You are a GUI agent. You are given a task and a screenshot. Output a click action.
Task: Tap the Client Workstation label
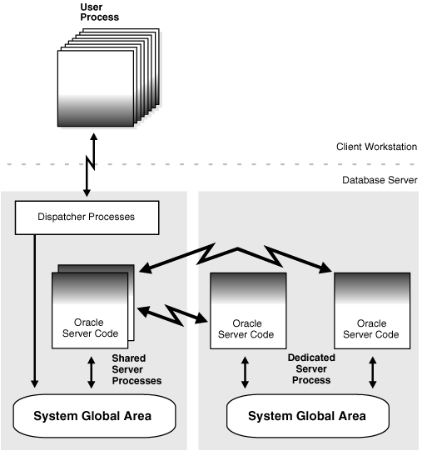pyautogui.click(x=376, y=147)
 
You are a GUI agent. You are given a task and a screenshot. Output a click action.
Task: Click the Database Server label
pyautogui.click(x=380, y=179)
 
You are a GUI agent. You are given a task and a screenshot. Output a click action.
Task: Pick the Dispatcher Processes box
pyautogui.click(x=87, y=218)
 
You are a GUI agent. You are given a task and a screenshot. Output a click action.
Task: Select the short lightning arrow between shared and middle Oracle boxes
pyautogui.click(x=174, y=313)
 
